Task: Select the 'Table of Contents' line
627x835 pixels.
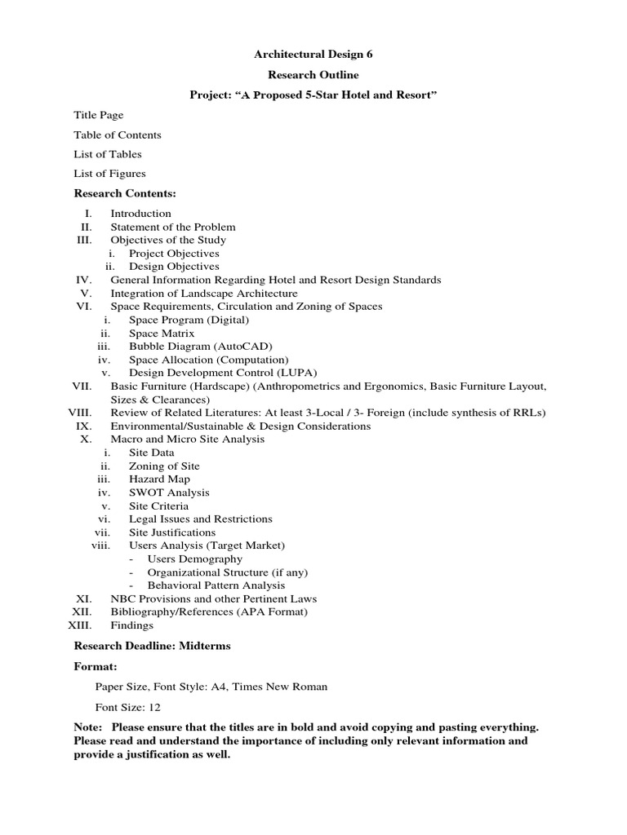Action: click(x=118, y=135)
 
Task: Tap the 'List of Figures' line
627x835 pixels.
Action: click(x=109, y=173)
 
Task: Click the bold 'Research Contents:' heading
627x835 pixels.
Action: click(x=125, y=193)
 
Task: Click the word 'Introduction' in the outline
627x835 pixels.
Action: click(x=140, y=214)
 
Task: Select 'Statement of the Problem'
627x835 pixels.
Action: click(x=173, y=227)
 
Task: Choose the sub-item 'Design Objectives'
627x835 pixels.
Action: click(x=174, y=266)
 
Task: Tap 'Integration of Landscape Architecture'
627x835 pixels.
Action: click(x=204, y=293)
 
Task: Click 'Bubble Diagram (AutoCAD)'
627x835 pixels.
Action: click(x=189, y=346)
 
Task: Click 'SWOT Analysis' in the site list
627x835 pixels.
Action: click(x=169, y=493)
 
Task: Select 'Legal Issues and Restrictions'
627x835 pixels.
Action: click(x=201, y=519)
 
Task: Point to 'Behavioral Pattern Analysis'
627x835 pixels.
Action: click(x=216, y=585)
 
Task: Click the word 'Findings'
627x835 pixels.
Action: click(x=131, y=625)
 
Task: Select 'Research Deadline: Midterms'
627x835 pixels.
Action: click(x=152, y=646)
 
